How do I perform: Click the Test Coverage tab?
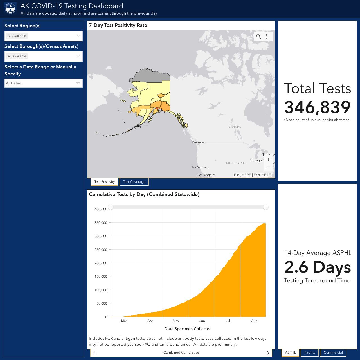pos(134,182)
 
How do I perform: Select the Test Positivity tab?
pos(104,182)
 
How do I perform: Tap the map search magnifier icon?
pos(258,37)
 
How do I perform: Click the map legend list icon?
pos(268,37)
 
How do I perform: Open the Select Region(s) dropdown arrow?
pos(78,36)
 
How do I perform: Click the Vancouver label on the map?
pos(199,142)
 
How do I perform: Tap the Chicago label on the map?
pos(256,161)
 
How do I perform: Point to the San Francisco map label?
pos(199,167)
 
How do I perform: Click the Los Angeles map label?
pos(206,175)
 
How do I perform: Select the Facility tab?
pos(310,352)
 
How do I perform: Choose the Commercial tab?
pos(333,352)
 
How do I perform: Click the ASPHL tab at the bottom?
pos(290,352)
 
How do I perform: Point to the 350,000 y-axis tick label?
pos(101,223)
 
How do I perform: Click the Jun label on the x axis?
pos(202,321)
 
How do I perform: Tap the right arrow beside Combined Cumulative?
pos(268,353)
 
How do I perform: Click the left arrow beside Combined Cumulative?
pos(94,353)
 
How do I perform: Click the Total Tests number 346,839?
pos(318,107)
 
